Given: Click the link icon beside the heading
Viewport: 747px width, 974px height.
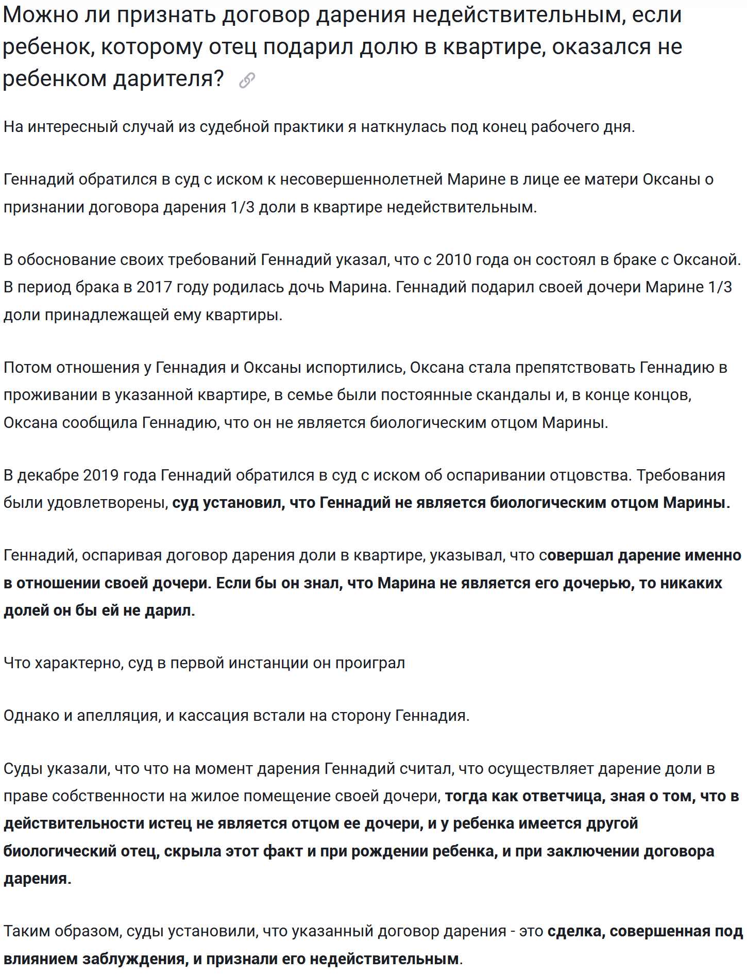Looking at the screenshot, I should [x=247, y=80].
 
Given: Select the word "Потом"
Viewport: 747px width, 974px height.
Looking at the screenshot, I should [x=27, y=367].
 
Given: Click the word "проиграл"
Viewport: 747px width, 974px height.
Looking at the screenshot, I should [x=370, y=663].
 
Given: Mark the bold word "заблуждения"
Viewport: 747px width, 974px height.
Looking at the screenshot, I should [x=135, y=959].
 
